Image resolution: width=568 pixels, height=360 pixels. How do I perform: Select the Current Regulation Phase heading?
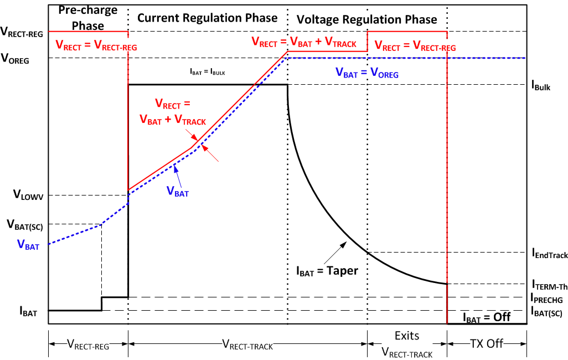pos(207,18)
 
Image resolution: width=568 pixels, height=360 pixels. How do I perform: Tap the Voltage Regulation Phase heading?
pos(367,20)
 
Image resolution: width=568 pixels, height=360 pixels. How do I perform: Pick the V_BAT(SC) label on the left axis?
pos(25,224)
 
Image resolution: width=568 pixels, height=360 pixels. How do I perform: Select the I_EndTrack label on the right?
pos(549,254)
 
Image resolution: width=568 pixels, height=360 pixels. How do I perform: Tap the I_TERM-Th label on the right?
pos(549,285)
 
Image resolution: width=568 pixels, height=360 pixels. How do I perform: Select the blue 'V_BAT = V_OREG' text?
pos(367,73)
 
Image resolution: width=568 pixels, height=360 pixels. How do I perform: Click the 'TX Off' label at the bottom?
pos(487,344)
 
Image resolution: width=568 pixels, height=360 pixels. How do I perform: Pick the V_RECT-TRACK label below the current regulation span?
pos(247,344)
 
